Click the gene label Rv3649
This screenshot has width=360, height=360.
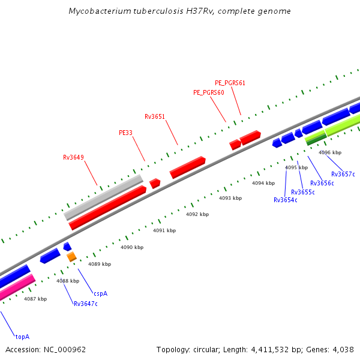73,158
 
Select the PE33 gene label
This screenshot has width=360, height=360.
125,133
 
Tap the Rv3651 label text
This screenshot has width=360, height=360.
155,116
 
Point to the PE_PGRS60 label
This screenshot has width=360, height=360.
209,92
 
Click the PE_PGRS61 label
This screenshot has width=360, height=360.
230,83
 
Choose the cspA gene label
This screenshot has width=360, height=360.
100,293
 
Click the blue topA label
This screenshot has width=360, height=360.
22,337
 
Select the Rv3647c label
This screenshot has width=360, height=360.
86,304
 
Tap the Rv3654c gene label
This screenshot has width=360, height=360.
286,200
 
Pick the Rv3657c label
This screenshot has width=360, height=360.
343,174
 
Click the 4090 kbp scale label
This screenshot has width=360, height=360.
132,247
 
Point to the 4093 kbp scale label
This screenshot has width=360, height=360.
230,198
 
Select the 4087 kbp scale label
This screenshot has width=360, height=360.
35,298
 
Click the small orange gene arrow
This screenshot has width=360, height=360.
71,257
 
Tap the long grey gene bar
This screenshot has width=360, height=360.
103,197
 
